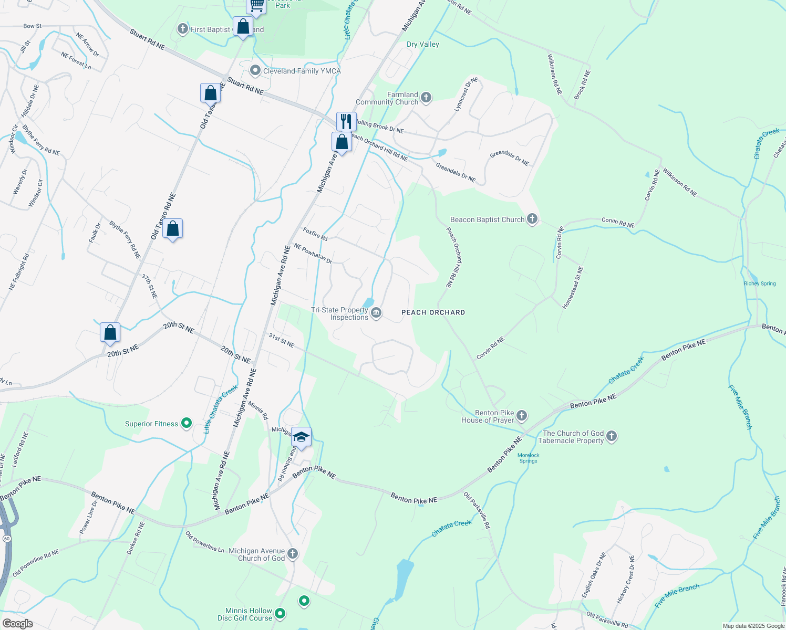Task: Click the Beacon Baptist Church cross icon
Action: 532,219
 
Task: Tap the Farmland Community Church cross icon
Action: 426,97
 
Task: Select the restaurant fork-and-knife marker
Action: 346,121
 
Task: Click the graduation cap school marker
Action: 301,437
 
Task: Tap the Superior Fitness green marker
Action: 186,423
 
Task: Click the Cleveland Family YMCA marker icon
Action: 255,70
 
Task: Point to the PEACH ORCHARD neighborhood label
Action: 433,312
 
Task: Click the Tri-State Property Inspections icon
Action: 376,313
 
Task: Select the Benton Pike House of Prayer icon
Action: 522,416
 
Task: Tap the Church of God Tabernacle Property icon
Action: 612,436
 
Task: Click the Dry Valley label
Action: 423,45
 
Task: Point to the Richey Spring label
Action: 760,283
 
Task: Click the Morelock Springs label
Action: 528,458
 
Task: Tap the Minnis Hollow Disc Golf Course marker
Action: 280,613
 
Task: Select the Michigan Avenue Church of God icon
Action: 293,553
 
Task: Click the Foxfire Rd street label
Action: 315,234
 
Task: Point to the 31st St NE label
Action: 281,340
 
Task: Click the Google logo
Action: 17,624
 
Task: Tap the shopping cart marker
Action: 256,5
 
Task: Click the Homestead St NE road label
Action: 573,288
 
